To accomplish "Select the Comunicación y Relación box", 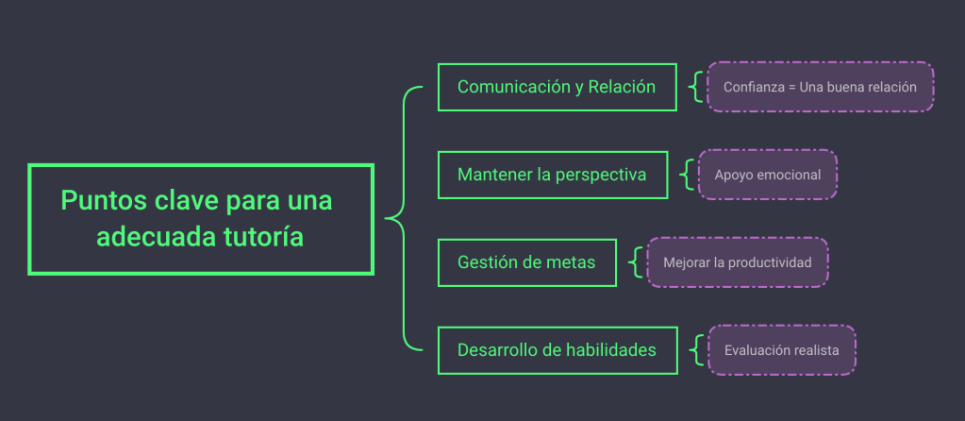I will click(x=557, y=87).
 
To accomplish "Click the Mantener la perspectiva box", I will click(x=552, y=175).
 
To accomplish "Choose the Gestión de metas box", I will click(x=526, y=262).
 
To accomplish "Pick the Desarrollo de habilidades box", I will click(x=557, y=349).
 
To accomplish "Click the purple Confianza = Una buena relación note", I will click(x=820, y=87).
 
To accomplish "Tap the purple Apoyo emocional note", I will click(x=768, y=175).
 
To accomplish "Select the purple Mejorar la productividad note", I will click(x=737, y=262).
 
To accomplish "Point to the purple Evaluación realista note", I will click(x=781, y=350).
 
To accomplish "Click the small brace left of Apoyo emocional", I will click(x=688, y=175).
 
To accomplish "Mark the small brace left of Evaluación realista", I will click(x=696, y=350).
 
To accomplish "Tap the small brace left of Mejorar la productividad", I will click(x=637, y=262).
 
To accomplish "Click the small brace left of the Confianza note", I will click(x=696, y=87).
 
